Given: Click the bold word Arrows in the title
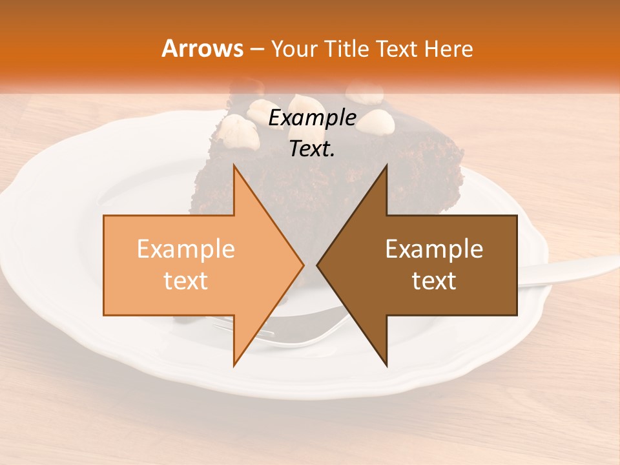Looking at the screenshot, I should (x=202, y=48).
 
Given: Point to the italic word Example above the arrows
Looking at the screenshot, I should (x=313, y=118).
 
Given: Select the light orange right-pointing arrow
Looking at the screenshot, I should (x=194, y=265).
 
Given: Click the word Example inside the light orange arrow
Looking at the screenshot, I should (x=186, y=249).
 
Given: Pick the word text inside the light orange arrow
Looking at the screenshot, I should (x=186, y=281).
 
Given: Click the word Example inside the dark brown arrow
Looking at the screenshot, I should (x=434, y=249).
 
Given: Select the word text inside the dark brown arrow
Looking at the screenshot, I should (x=434, y=281).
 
